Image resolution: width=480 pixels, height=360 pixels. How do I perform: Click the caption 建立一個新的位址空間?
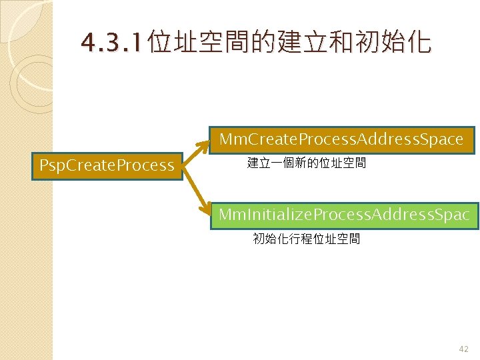307,163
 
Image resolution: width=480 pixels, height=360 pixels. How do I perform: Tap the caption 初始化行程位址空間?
307,239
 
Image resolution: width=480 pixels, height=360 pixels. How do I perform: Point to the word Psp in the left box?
54,165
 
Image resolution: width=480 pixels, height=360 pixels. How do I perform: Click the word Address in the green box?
401,215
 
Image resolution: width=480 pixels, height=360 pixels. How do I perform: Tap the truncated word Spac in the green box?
453,215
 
